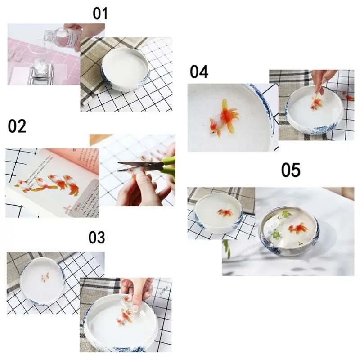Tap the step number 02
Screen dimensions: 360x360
click(x=17, y=126)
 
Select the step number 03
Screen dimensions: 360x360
click(x=96, y=237)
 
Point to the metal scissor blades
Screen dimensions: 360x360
click(x=130, y=167)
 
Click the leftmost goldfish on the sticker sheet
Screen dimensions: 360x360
click(x=23, y=184)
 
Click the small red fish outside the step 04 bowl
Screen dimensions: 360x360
click(x=349, y=96)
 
